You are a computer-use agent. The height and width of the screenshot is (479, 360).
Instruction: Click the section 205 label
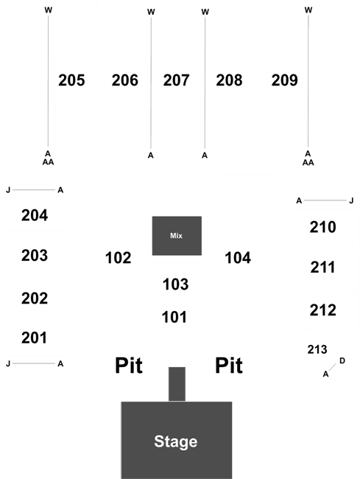click(71, 80)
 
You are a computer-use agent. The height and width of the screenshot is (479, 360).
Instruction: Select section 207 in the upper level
click(176, 80)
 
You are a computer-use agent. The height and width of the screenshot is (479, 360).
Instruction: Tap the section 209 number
click(284, 80)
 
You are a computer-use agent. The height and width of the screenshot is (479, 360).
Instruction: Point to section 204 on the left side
click(35, 215)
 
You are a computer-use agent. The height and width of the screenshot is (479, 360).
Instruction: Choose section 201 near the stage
click(34, 338)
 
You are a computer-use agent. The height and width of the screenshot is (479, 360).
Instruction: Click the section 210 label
click(322, 227)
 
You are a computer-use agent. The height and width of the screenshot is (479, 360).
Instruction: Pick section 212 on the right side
click(322, 310)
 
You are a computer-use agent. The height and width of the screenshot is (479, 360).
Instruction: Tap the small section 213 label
click(317, 349)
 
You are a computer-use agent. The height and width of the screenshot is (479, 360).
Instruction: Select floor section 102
click(118, 258)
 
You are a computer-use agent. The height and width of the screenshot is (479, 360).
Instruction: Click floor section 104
click(238, 258)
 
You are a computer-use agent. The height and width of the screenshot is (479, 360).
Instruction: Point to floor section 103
click(175, 284)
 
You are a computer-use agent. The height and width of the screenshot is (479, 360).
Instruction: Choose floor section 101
click(174, 317)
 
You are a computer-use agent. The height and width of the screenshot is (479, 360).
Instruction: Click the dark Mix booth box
click(177, 236)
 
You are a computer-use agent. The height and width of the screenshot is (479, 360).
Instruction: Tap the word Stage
click(176, 441)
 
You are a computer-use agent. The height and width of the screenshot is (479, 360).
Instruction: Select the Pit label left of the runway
click(128, 366)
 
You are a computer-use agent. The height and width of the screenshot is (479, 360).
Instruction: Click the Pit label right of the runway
click(229, 366)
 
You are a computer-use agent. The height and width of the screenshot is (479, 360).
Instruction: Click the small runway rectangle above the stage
click(177, 384)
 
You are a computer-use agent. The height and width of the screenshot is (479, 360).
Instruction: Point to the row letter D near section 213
click(342, 361)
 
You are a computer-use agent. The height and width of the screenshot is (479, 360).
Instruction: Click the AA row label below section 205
click(48, 162)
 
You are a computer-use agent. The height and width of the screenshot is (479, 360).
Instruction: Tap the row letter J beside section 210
click(351, 200)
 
